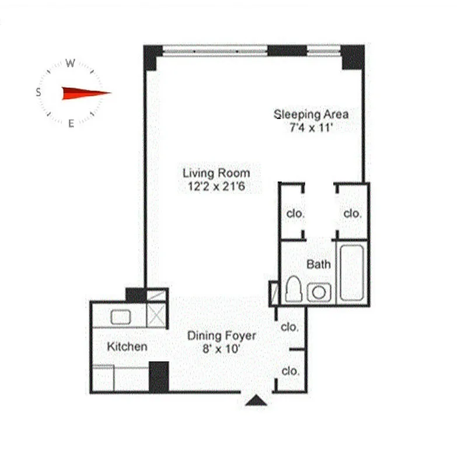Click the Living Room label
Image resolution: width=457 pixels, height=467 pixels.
click(216, 173)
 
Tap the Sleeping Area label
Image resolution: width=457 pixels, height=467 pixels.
click(311, 114)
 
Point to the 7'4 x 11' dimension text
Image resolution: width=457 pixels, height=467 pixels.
click(311, 128)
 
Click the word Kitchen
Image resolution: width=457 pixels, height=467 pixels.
click(127, 347)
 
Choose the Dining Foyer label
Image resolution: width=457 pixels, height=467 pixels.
click(221, 336)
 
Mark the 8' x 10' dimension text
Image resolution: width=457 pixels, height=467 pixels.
click(221, 350)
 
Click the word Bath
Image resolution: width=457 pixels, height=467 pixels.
click(319, 264)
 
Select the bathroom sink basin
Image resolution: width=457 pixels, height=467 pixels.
click(319, 291)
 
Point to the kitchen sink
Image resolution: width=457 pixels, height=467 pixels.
click(121, 317)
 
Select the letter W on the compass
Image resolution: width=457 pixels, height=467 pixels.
click(69, 64)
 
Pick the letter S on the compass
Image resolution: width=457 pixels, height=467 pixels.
click(39, 92)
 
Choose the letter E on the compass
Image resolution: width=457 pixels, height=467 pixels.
click(71, 123)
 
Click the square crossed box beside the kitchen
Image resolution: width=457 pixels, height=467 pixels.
click(156, 315)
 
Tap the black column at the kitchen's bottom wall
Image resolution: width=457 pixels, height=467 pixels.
click(159, 377)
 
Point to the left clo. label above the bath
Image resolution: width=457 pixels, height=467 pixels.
click(295, 214)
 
